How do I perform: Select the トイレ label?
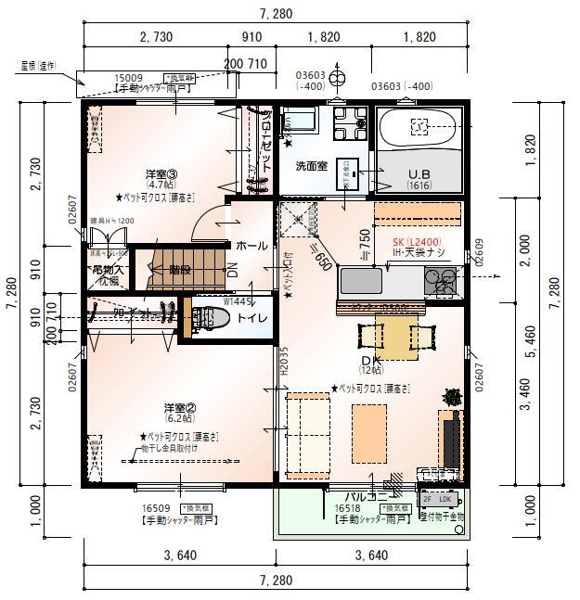coord(252,318)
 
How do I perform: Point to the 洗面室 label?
coord(312,166)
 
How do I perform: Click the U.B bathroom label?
coord(420,173)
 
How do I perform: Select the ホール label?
coord(251,246)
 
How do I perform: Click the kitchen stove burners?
coord(442,277)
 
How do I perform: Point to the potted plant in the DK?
coord(452,397)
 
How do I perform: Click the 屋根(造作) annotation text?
coord(38,66)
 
